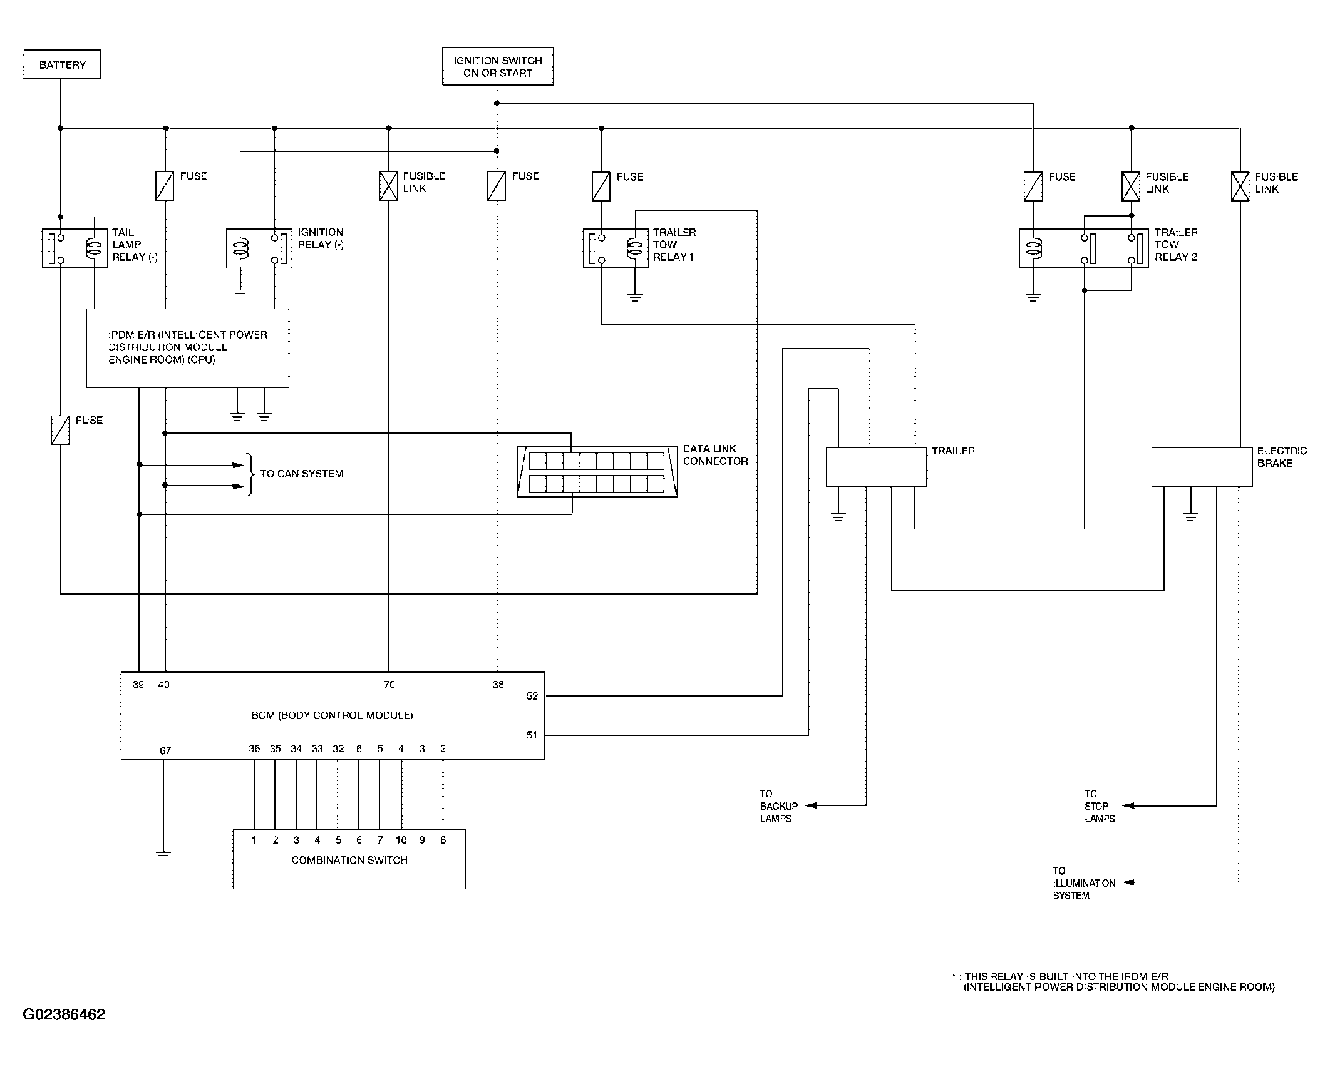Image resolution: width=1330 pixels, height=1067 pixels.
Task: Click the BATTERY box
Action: click(62, 64)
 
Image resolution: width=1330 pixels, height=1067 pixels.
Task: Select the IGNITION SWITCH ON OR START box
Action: click(498, 66)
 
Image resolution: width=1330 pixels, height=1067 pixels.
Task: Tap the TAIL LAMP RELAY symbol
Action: click(75, 248)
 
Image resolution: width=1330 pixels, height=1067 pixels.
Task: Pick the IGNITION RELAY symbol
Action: click(259, 248)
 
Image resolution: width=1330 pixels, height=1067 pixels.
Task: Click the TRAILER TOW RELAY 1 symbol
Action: click(616, 248)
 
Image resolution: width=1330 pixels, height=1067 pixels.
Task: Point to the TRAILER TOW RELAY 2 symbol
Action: click(1084, 248)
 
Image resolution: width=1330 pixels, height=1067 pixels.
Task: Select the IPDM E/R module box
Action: click(187, 348)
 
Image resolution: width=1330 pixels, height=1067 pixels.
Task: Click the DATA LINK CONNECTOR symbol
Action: click(597, 472)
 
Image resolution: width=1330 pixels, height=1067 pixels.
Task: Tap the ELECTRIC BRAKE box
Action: click(1202, 467)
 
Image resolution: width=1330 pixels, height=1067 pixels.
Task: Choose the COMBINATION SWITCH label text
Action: click(349, 860)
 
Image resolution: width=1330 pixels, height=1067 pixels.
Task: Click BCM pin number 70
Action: click(389, 685)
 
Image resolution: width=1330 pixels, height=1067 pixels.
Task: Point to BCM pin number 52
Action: click(532, 696)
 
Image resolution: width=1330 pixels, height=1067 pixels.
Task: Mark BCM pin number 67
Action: click(165, 750)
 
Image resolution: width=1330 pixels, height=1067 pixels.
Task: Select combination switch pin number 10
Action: click(401, 840)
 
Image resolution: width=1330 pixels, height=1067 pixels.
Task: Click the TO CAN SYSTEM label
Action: click(302, 474)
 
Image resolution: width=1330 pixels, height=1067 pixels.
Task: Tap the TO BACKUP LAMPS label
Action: click(779, 806)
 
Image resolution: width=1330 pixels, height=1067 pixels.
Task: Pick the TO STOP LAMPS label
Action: click(1100, 806)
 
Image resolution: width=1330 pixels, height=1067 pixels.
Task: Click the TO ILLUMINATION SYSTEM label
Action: click(1084, 883)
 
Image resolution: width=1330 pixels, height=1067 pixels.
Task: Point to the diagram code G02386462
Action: click(64, 1014)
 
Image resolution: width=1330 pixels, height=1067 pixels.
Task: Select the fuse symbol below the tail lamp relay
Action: click(60, 430)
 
